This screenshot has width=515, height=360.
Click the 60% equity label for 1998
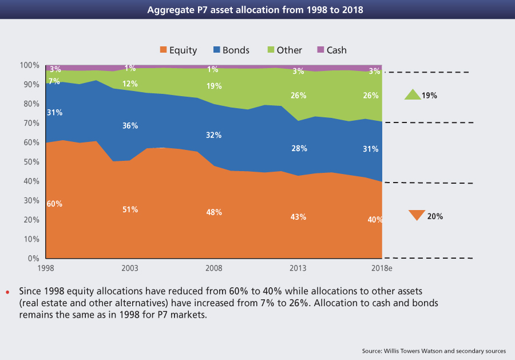(x=55, y=204)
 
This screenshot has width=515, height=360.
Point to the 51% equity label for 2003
(x=130, y=209)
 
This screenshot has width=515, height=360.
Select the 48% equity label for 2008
(x=214, y=212)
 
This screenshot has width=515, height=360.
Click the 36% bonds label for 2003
(x=130, y=126)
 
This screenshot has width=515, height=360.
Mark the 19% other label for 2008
(x=214, y=87)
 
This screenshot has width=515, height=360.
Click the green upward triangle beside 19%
(x=412, y=95)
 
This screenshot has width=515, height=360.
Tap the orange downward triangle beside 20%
(x=417, y=215)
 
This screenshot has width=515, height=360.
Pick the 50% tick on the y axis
(x=33, y=162)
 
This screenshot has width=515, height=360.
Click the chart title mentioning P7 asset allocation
(x=257, y=10)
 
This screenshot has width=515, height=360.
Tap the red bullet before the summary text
(x=8, y=293)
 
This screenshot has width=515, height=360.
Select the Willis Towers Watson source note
(x=434, y=350)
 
